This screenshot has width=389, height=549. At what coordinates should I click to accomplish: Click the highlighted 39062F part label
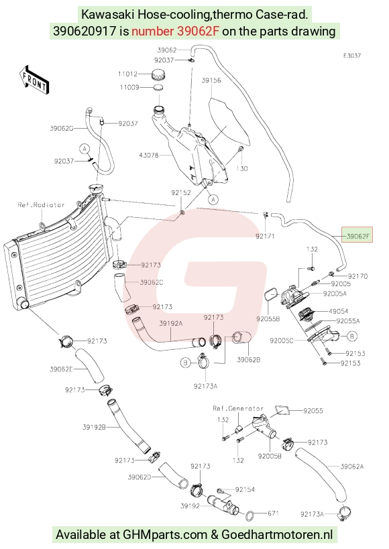pyautogui.click(x=357, y=237)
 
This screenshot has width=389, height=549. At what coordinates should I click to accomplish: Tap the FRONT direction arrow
pyautogui.click(x=34, y=80)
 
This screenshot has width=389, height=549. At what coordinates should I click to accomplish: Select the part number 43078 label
pyautogui.click(x=149, y=155)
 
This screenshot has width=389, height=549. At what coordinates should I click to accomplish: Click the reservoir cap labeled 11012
pyautogui.click(x=158, y=75)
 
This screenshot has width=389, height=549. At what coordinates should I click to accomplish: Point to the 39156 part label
pyautogui.click(x=211, y=80)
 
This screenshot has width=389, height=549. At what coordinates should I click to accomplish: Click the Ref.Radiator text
pyautogui.click(x=42, y=205)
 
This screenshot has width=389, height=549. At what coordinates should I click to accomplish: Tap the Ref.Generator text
pyautogui.click(x=238, y=408)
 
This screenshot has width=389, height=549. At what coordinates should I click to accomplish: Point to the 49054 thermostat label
pyautogui.click(x=339, y=311)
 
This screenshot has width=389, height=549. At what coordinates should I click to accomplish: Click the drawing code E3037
pyautogui.click(x=352, y=56)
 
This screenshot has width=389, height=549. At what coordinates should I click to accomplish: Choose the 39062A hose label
pyautogui.click(x=352, y=466)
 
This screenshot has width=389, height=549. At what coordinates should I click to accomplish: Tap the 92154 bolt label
pyautogui.click(x=245, y=489)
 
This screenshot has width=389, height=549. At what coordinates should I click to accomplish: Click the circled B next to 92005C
pyautogui.click(x=352, y=336)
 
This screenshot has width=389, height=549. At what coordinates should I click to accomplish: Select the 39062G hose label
pyautogui.click(x=61, y=129)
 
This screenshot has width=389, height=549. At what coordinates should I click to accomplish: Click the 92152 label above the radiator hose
pyautogui.click(x=181, y=192)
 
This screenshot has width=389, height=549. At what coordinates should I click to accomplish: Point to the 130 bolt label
pyautogui.click(x=242, y=168)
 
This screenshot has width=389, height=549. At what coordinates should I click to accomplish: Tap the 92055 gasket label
pyautogui.click(x=313, y=411)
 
